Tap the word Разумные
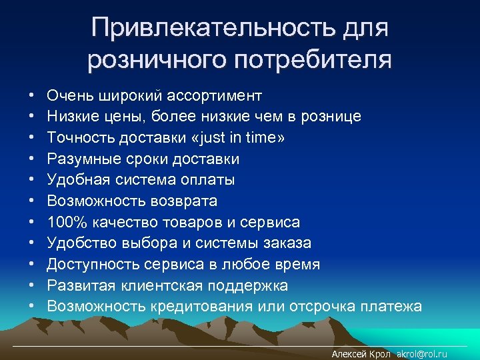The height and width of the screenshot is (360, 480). [79, 159]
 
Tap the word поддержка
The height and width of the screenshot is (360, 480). [248, 285]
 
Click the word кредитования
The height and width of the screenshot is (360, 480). [196, 307]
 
